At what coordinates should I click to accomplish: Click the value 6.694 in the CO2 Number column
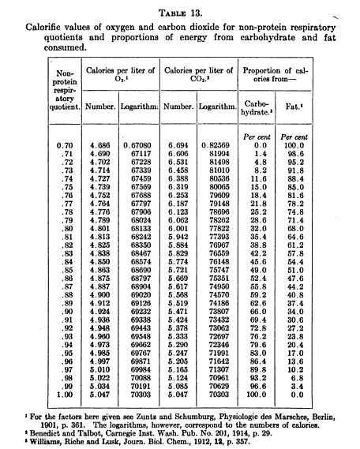(181, 145)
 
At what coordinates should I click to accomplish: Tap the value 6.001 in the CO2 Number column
(181, 226)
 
